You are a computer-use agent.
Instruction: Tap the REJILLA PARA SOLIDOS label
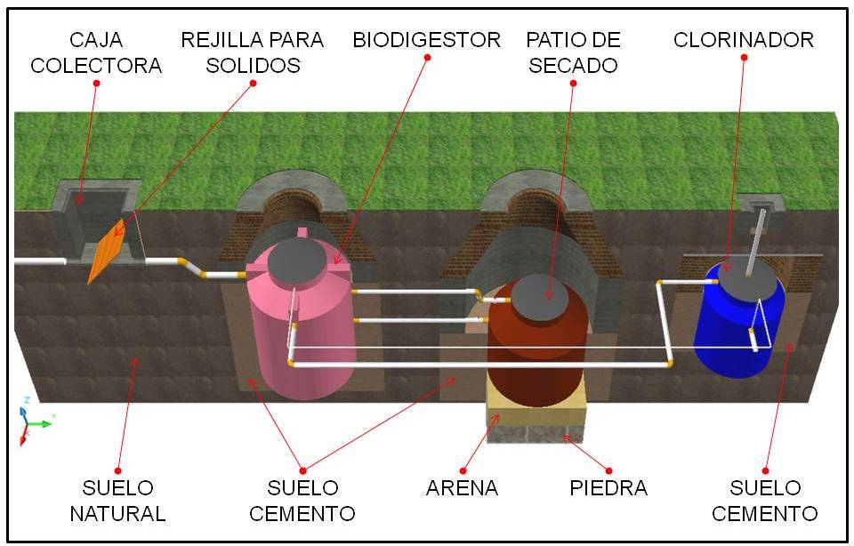point(253,52)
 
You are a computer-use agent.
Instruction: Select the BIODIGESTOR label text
point(427,40)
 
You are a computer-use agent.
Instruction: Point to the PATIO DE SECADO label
point(573,52)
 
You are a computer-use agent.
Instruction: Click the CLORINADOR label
point(744,40)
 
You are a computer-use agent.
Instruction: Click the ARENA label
point(462,488)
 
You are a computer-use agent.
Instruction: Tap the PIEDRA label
point(608,488)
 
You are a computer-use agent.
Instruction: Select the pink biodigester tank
point(302,329)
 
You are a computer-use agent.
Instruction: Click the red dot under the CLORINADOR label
point(745,58)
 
